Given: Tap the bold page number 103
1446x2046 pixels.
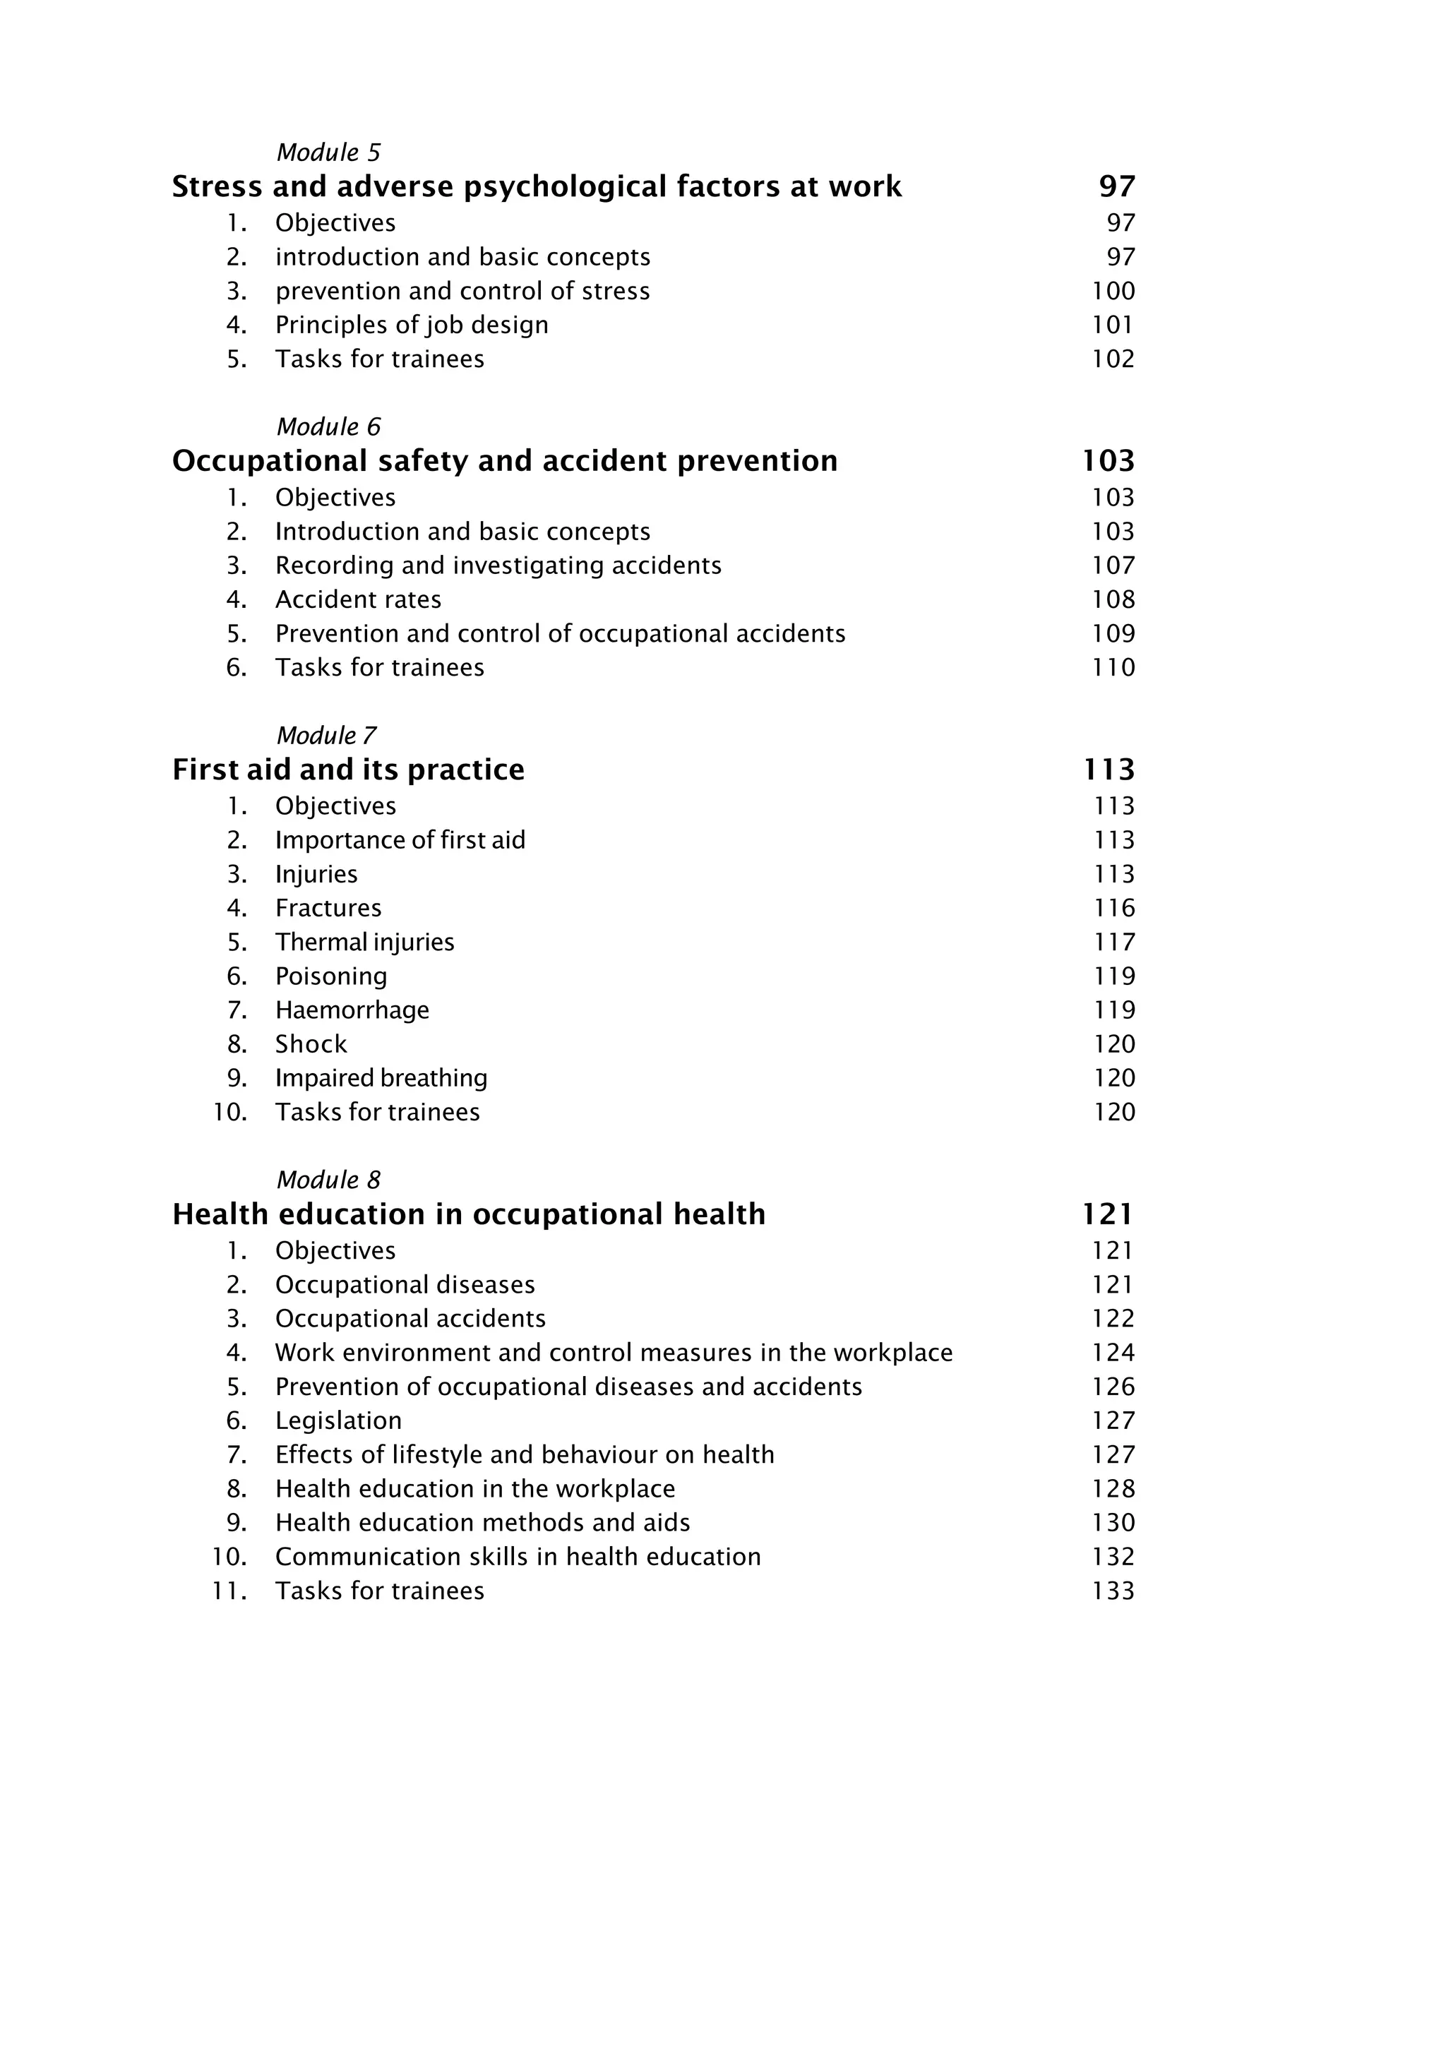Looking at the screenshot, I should coord(1109,461).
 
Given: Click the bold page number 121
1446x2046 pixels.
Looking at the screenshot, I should coord(1109,1214).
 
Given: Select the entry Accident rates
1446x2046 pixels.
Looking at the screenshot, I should coord(358,599).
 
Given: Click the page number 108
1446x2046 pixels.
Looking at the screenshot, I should coord(1113,599).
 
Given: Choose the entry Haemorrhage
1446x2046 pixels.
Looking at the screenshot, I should coord(352,1010).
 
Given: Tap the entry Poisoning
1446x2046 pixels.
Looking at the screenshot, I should coord(331,976).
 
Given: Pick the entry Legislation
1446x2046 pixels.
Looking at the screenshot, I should coord(339,1420).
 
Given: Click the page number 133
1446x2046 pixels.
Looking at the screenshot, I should coord(1113,1591).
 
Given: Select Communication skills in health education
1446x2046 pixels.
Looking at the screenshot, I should coord(518,1557).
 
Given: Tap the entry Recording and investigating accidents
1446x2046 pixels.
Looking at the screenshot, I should coord(498,565).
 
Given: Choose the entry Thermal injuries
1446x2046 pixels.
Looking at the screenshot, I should coord(364,942).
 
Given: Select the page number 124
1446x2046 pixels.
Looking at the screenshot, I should coord(1113,1353).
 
